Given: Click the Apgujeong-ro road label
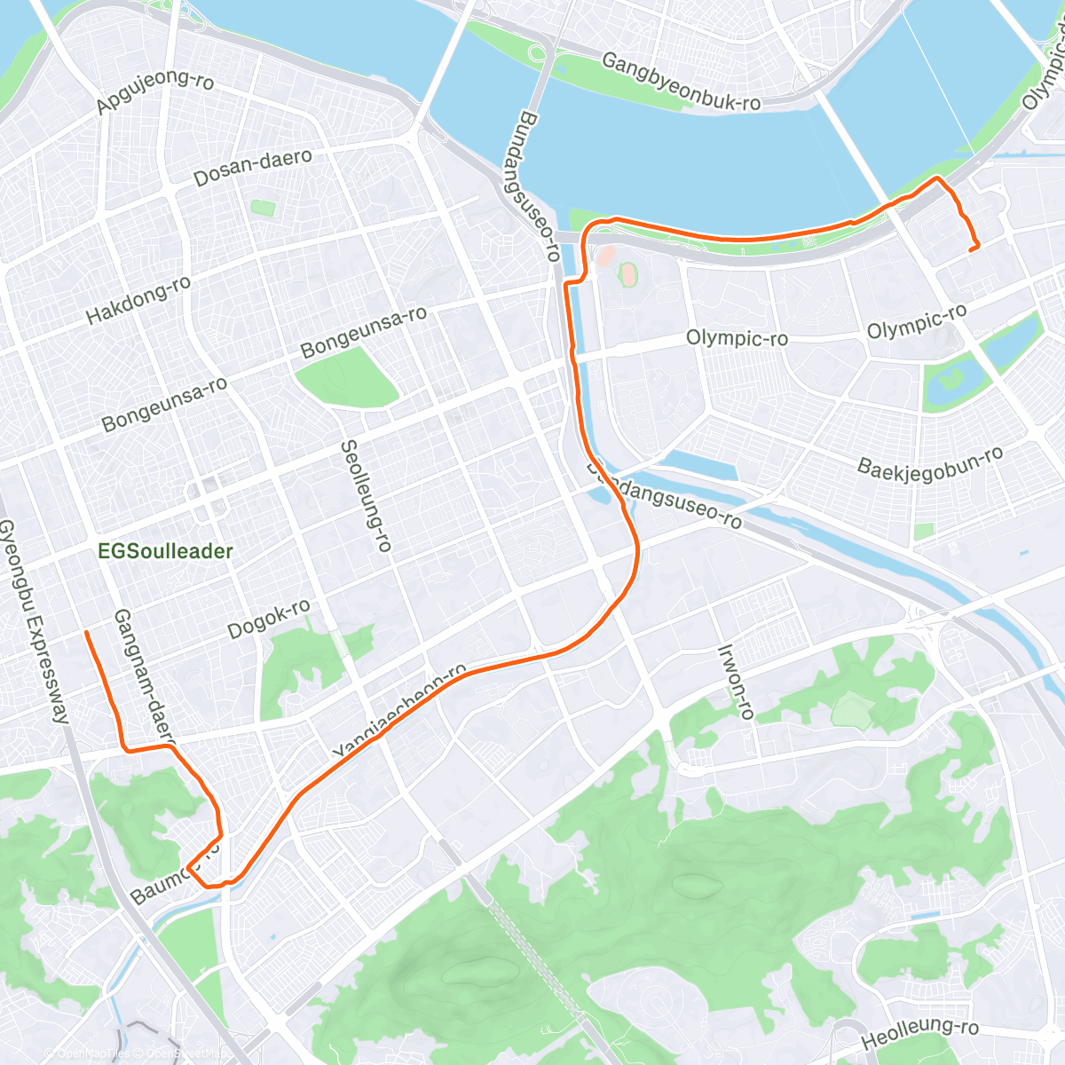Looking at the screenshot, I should pos(155,92).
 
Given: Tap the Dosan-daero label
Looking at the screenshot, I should pos(253,167).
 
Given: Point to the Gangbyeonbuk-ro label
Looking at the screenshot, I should pos(681,83).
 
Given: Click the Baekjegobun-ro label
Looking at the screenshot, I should pos(930,461).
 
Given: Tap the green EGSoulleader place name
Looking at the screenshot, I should pos(166,551).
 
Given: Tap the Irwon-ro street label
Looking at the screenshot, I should pos(736,682).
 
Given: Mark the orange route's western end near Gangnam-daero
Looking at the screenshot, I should pos(86,632).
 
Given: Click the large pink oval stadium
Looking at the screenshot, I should pos(628,273).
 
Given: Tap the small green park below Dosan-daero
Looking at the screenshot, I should pos(263,209).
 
